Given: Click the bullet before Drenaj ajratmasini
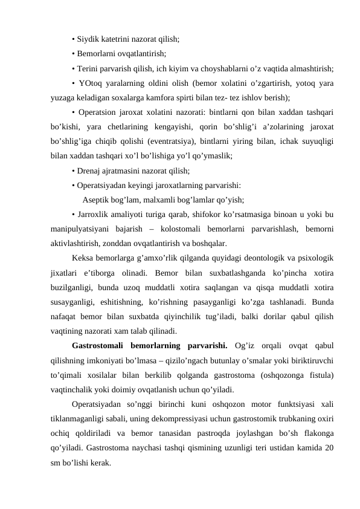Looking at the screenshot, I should pyautogui.click(x=72, y=170).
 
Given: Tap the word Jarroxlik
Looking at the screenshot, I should pyautogui.click(x=93, y=215).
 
